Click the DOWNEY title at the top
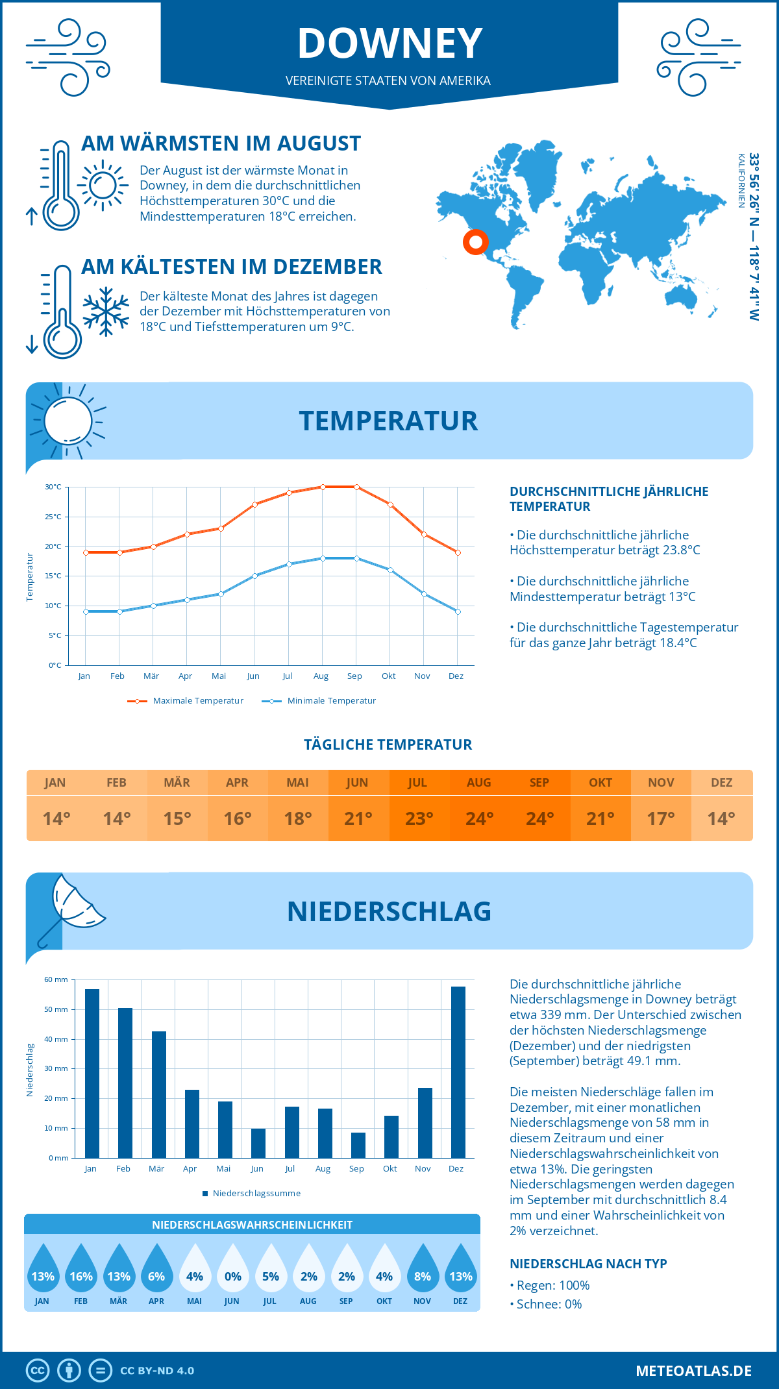pos(389,43)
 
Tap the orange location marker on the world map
pos(476,242)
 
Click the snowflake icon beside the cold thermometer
pos(106,311)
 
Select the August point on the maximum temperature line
pos(323,487)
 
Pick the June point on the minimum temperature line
pos(255,576)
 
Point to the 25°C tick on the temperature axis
pos(53,517)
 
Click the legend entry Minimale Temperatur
pos(331,701)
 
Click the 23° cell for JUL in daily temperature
pos(419,818)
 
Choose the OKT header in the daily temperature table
pos(600,783)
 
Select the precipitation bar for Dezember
pos(458,1072)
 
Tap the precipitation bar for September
pos(358,1145)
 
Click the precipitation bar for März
pos(158,1094)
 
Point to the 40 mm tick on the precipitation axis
pos(56,1039)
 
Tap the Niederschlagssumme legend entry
pos(256,1194)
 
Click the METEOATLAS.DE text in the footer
pos(693,1371)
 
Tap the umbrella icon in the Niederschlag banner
pos(73,907)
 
